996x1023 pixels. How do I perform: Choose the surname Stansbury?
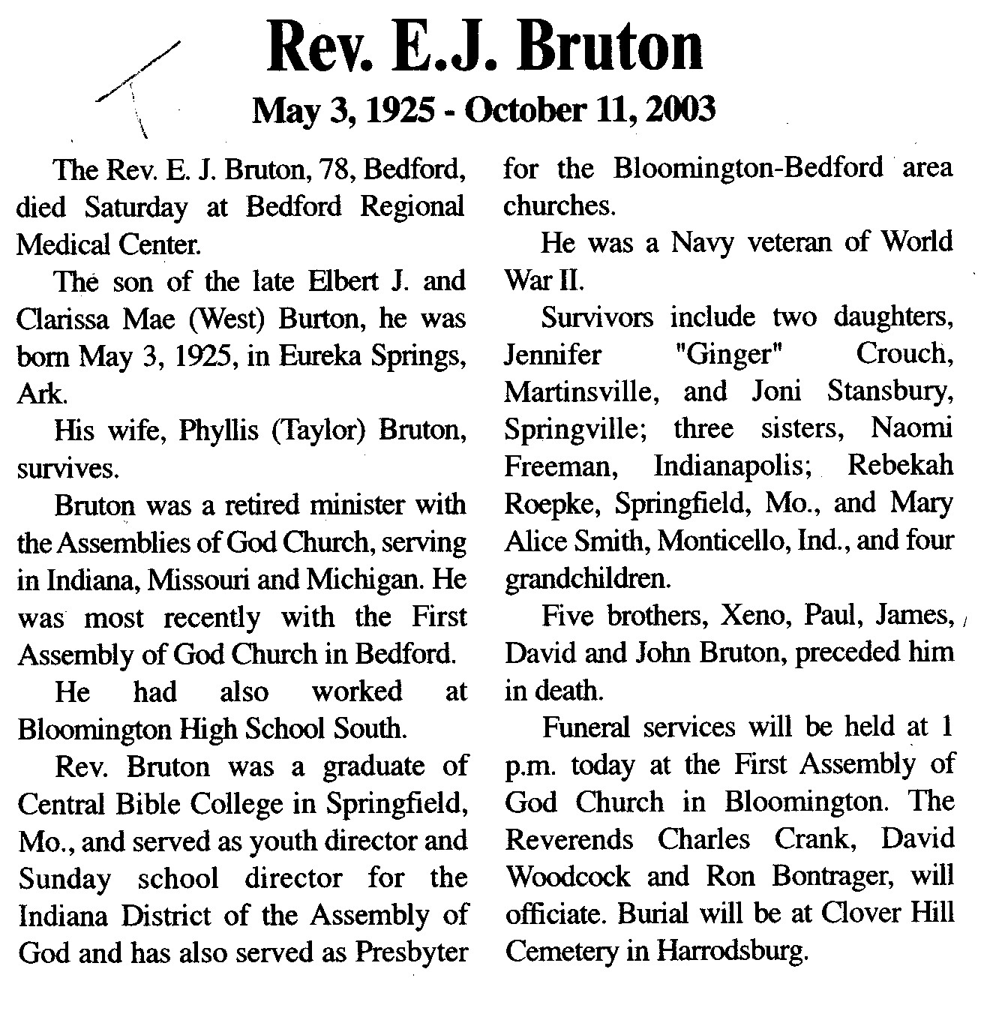890,391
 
